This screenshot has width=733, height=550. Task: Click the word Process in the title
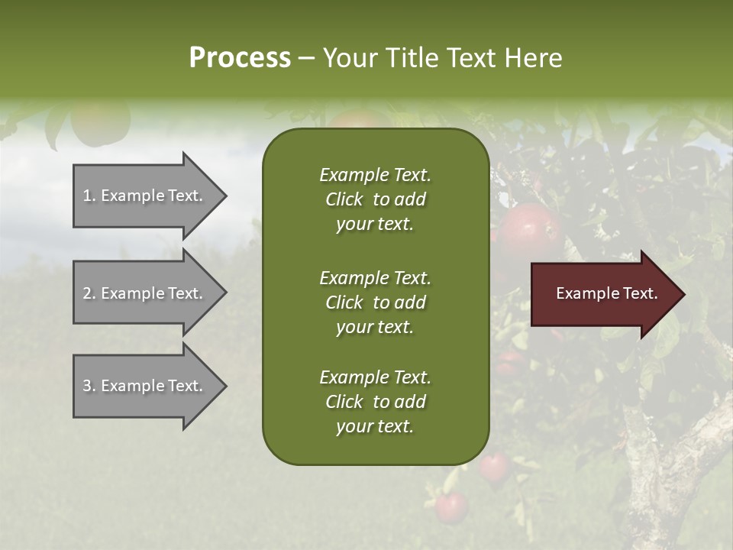(240, 58)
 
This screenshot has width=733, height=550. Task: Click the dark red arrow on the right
(603, 294)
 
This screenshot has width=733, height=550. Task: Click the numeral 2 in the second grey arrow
(87, 293)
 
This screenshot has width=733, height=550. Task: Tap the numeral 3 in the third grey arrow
(87, 386)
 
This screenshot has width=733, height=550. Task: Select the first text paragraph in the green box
(375, 199)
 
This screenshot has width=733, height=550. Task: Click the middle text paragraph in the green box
(375, 302)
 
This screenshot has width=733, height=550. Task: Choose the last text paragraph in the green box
(375, 402)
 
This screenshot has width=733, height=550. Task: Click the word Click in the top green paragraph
(344, 199)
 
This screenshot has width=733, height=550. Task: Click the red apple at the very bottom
(450, 507)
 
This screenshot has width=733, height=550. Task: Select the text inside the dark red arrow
(606, 293)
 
